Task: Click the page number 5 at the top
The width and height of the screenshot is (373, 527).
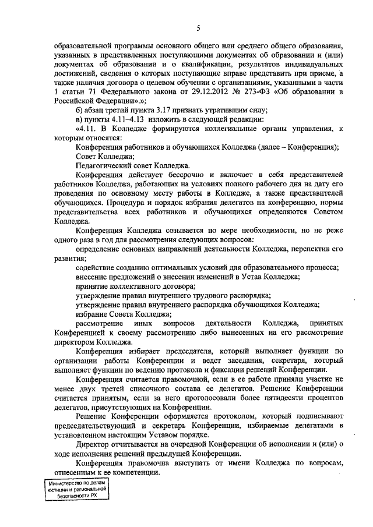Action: pos(198,28)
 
